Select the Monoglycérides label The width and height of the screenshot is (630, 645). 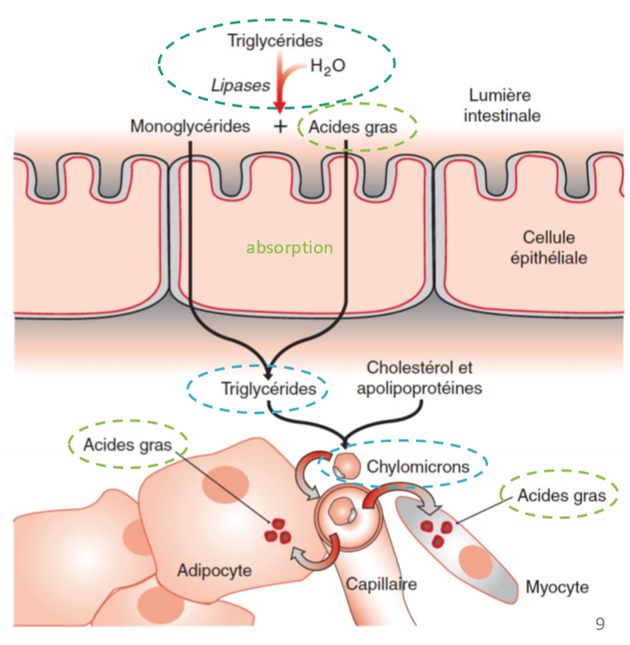click(x=190, y=126)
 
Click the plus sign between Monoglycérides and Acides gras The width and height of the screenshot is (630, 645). click(x=280, y=126)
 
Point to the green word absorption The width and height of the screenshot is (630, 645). click(x=289, y=247)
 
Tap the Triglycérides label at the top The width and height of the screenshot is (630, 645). click(x=275, y=40)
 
